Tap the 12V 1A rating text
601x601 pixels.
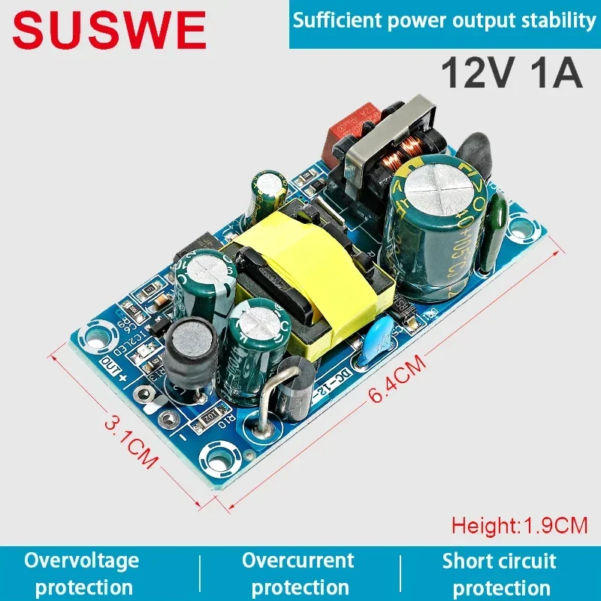[511, 73]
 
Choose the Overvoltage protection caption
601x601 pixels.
[82, 573]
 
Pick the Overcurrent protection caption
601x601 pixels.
[298, 573]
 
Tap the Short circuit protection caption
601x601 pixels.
[499, 573]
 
